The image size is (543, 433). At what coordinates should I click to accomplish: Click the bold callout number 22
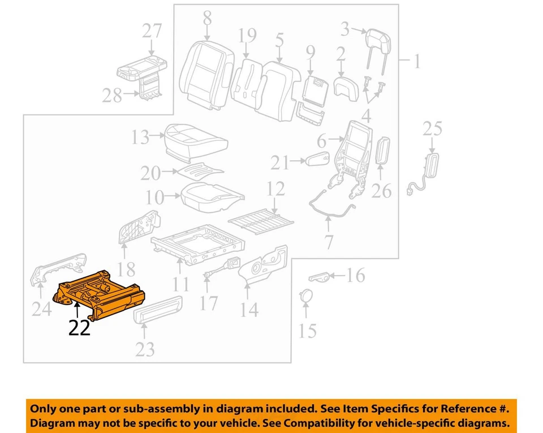pyautogui.click(x=79, y=328)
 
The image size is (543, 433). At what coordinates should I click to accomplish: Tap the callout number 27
pyautogui.click(x=152, y=31)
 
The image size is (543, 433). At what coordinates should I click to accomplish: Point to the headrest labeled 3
pyautogui.click(x=376, y=39)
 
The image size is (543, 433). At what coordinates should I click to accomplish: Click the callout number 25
pyautogui.click(x=432, y=129)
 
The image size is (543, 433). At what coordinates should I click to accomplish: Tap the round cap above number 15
pyautogui.click(x=305, y=295)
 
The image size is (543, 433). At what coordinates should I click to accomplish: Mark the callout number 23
pyautogui.click(x=145, y=349)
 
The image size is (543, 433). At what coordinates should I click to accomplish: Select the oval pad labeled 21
pyautogui.click(x=317, y=160)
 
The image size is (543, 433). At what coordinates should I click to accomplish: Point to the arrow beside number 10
pyautogui.click(x=172, y=197)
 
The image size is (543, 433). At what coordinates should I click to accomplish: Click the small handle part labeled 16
pyautogui.click(x=319, y=277)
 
